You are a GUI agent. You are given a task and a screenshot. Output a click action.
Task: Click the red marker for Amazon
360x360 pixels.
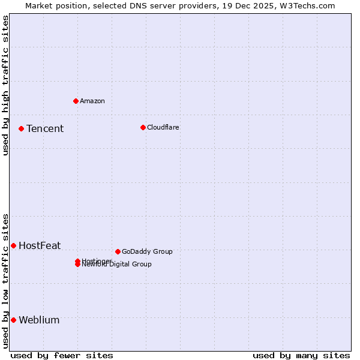pyautogui.click(x=76, y=101)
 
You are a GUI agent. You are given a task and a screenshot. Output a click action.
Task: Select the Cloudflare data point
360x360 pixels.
pyautogui.click(x=143, y=127)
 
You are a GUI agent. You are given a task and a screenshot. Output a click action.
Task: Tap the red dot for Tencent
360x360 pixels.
pyautogui.click(x=21, y=128)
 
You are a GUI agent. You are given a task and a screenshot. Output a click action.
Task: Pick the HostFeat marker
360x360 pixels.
pyautogui.click(x=13, y=245)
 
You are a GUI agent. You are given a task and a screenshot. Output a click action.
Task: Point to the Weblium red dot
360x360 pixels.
pyautogui.click(x=13, y=320)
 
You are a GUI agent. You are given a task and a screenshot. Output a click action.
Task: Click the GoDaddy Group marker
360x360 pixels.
pyautogui.click(x=118, y=251)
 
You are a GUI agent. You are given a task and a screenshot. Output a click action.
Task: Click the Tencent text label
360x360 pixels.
pyautogui.click(x=45, y=129)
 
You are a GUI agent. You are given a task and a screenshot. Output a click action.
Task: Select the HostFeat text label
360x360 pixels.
pyautogui.click(x=40, y=246)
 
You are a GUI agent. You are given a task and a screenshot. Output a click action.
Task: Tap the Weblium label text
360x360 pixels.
pyautogui.click(x=39, y=320)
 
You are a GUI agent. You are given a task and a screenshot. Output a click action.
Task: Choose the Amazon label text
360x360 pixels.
pyautogui.click(x=92, y=101)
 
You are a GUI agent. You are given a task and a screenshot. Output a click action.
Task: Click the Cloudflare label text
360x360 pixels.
pyautogui.click(x=163, y=128)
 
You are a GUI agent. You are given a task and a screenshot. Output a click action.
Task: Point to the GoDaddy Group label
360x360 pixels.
pyautogui.click(x=147, y=252)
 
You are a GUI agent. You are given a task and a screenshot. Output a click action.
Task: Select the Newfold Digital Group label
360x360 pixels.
pyautogui.click(x=117, y=265)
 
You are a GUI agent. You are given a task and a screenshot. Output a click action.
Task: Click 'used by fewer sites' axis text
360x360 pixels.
pyautogui.click(x=62, y=355)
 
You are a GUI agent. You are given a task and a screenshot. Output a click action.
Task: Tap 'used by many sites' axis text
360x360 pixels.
pyautogui.click(x=301, y=355)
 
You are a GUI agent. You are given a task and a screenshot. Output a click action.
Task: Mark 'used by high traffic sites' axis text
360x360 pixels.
pyautogui.click(x=5, y=85)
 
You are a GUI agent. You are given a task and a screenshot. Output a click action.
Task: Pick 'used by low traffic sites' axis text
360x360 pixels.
pyautogui.click(x=5, y=281)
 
